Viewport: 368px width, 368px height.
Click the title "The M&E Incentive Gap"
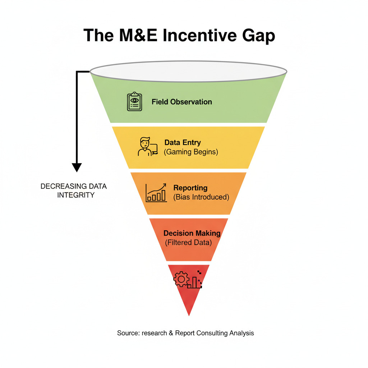pos(179,36)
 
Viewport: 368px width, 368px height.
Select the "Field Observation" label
pos(181,102)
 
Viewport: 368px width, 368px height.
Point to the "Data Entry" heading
pos(182,142)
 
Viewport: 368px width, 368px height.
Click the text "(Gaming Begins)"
pos(191,152)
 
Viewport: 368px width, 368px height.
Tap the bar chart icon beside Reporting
pos(156,193)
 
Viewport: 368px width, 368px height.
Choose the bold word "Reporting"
pos(190,188)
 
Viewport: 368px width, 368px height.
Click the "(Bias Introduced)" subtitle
pos(201,197)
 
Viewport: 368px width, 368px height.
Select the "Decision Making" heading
pos(192,233)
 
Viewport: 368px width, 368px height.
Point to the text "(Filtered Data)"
pos(188,243)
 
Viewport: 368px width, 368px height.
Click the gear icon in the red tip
pos(181,279)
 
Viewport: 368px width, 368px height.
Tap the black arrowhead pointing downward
pos(77,167)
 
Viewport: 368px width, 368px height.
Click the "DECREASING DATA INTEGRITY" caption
pos(74,191)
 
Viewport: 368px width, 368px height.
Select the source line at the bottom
pos(185,333)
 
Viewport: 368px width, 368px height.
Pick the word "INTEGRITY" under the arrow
pos(75,195)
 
